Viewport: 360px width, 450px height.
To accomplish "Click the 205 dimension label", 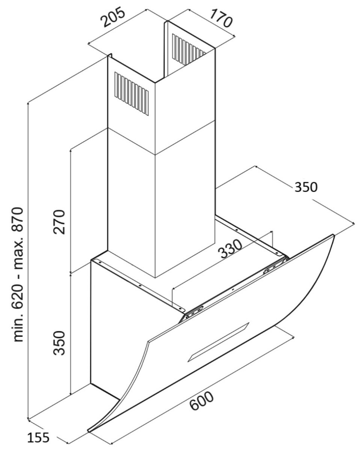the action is (113, 18).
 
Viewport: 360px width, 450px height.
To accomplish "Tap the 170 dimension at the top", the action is (221, 18).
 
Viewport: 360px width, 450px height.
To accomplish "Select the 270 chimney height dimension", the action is (59, 222).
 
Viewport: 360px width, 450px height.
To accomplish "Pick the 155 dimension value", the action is (39, 437).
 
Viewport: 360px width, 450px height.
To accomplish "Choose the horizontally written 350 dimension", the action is (306, 187).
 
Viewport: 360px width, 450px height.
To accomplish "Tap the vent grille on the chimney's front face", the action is (131, 94).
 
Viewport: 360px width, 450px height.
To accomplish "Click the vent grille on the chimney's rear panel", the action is (189, 49).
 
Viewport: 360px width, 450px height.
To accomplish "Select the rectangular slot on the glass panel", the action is (218, 342).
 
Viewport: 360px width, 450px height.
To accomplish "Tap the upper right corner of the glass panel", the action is (334, 235).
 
